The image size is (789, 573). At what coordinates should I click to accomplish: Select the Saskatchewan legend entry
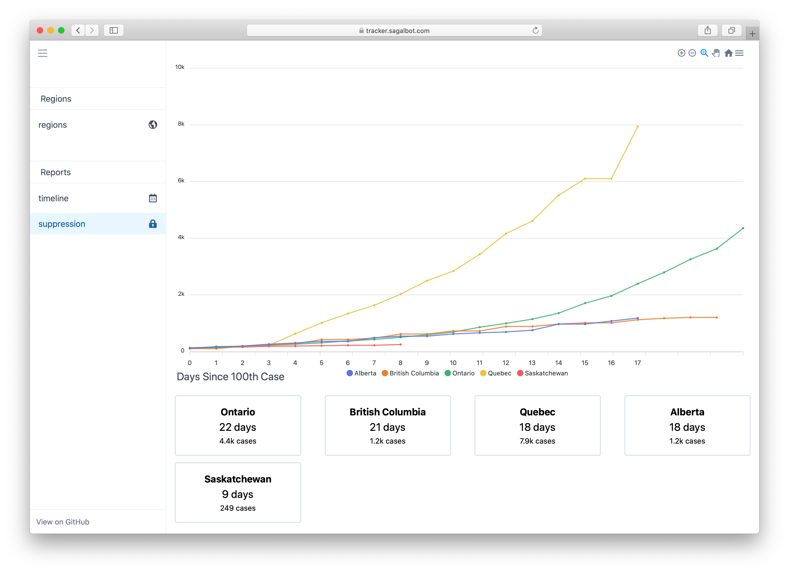[x=542, y=373]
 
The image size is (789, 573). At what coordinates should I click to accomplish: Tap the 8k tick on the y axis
[x=181, y=124]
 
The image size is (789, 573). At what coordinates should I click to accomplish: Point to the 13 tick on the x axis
[x=532, y=363]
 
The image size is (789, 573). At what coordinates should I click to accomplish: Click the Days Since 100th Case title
[x=230, y=376]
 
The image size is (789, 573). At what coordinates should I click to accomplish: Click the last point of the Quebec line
[x=637, y=126]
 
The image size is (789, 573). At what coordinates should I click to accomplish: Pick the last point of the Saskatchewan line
[x=400, y=345]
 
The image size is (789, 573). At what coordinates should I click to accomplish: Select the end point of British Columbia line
[x=717, y=317]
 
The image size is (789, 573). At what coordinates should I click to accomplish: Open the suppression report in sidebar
[x=62, y=224]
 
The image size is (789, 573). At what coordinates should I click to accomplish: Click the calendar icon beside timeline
[x=153, y=198]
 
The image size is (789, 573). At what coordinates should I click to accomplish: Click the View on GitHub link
[x=63, y=522]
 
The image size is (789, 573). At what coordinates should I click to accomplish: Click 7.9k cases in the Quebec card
[x=537, y=441]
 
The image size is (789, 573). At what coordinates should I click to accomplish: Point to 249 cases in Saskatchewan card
[x=238, y=508]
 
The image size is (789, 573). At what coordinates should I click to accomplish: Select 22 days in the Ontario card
[x=238, y=427]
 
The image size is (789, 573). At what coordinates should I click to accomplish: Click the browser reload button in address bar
[x=535, y=31]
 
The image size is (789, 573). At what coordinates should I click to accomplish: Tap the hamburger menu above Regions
[x=42, y=53]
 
